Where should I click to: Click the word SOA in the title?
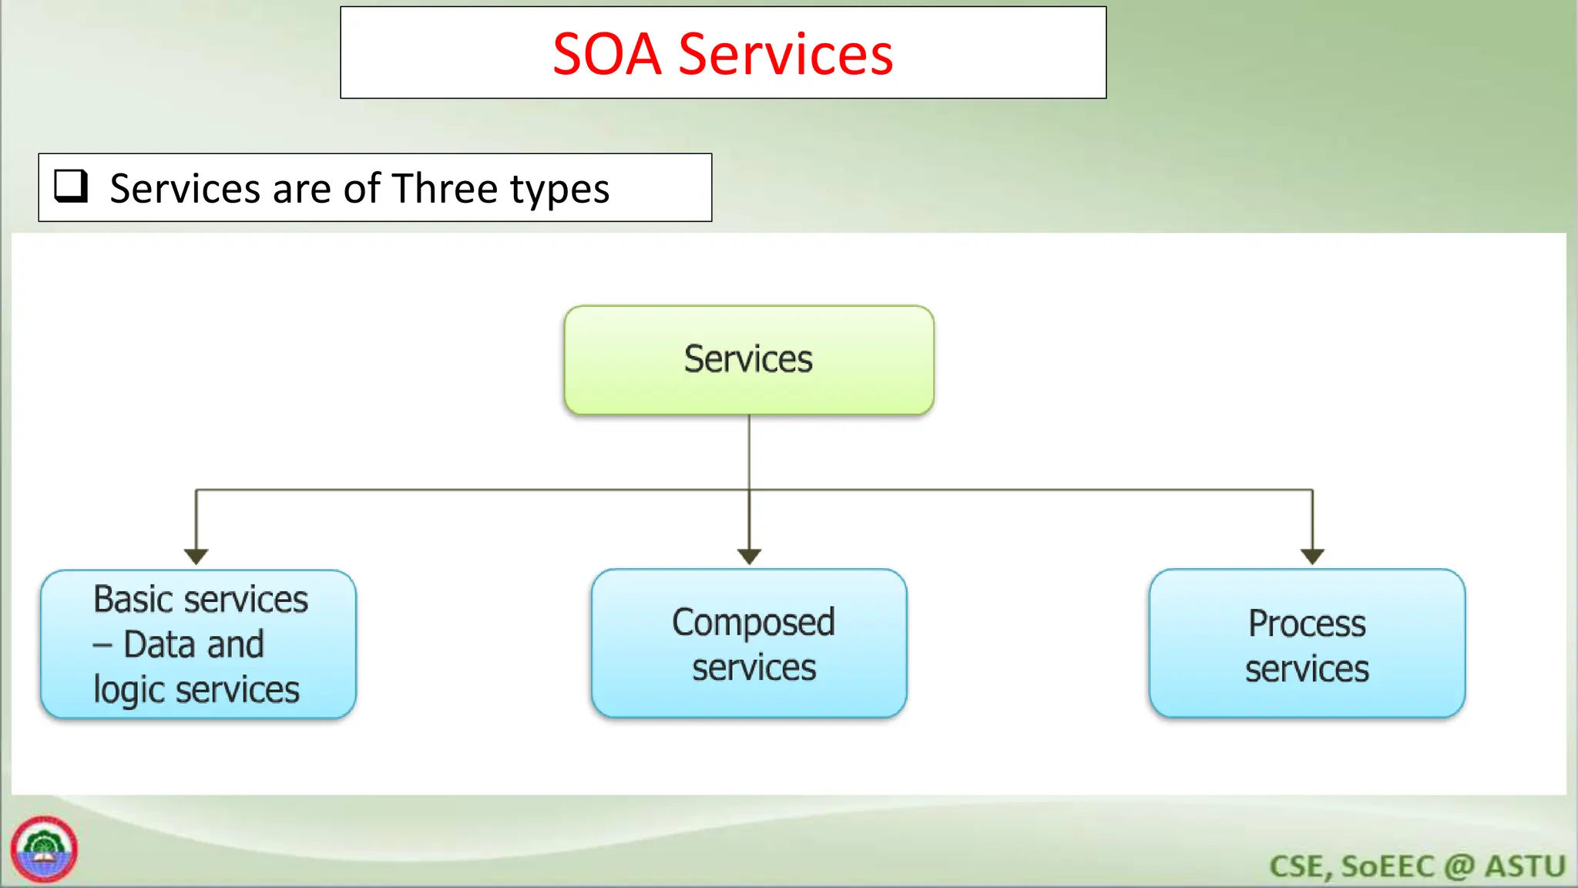tap(606, 55)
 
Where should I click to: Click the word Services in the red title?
tap(785, 55)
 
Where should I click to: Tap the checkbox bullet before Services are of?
tap(71, 187)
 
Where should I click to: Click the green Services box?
tap(748, 360)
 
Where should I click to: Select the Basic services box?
tap(198, 644)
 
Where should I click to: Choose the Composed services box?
tap(749, 644)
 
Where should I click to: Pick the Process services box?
tap(1307, 644)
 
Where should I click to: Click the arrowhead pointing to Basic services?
tap(196, 556)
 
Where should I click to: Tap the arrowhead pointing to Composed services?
tap(749, 556)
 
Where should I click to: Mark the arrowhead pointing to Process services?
tap(1312, 556)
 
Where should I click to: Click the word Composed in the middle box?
tap(753, 623)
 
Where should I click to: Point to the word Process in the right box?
tap(1307, 624)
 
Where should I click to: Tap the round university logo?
tap(44, 849)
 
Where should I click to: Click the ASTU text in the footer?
tap(1525, 866)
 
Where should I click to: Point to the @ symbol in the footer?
tap(1459, 866)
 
